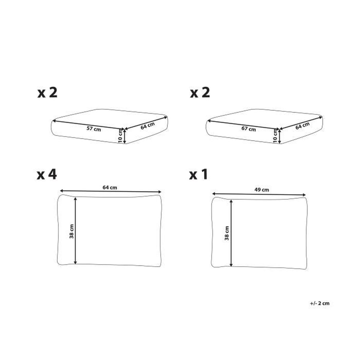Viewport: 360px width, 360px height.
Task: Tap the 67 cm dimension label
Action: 248,129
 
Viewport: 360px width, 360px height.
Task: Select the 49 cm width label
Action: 262,190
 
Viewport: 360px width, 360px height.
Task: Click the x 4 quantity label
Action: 47,175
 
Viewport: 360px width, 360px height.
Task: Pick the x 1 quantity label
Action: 198,175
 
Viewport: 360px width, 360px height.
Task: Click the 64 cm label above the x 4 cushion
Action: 110,187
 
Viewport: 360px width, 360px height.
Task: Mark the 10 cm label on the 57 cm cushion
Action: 120,136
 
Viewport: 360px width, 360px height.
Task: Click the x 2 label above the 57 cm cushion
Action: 47,93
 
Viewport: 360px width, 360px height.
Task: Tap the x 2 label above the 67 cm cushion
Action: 200,93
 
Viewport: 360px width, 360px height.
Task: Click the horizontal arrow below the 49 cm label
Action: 259,194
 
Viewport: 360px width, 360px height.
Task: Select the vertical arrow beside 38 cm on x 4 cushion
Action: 75,231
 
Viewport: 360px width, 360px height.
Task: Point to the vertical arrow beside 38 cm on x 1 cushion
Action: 231,233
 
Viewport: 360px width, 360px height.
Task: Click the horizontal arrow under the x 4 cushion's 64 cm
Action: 110,191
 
